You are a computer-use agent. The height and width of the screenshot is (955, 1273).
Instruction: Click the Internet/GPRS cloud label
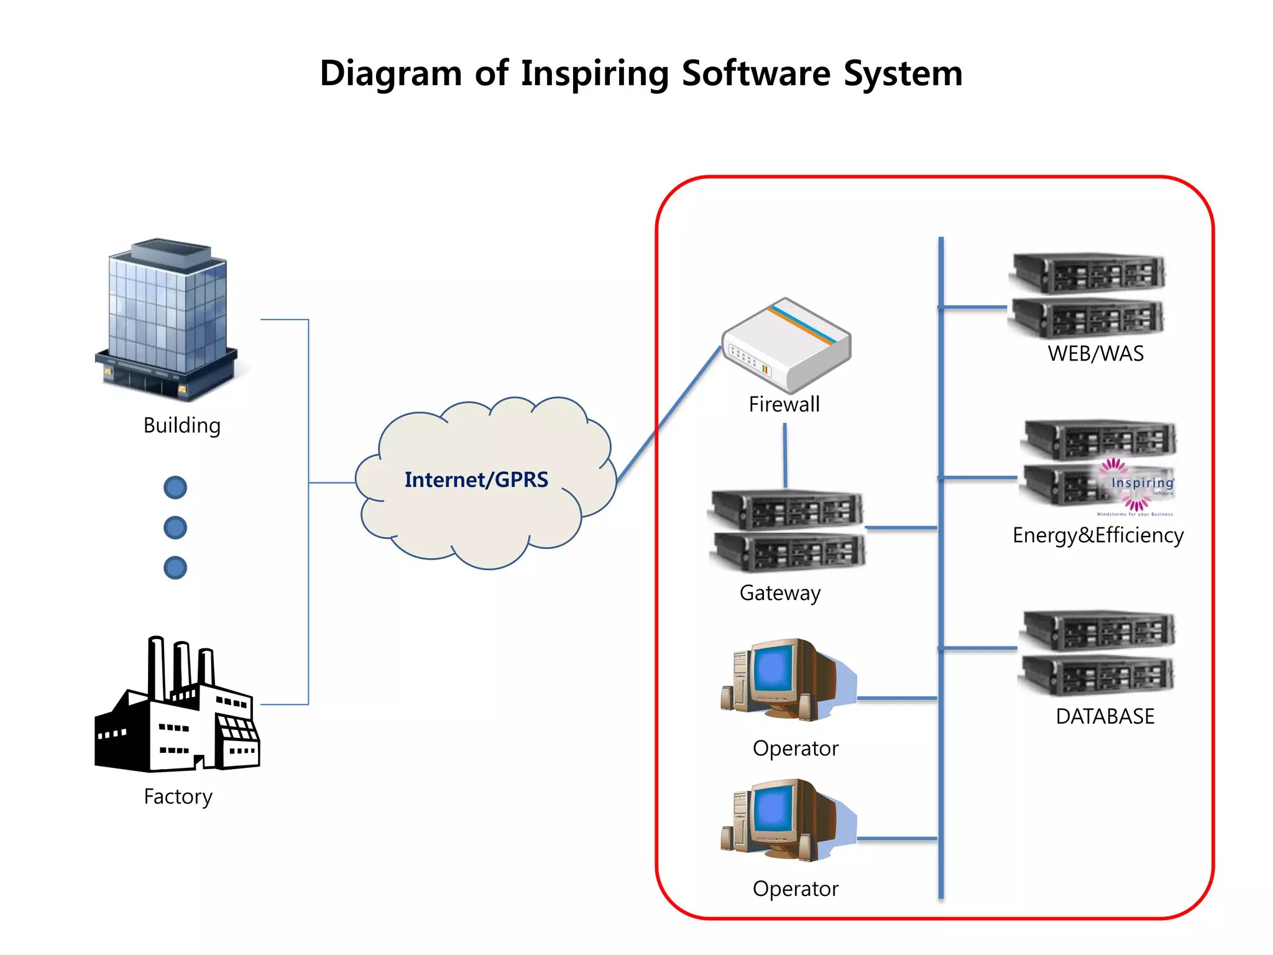(476, 480)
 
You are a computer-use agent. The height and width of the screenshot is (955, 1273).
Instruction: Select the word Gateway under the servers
(780, 593)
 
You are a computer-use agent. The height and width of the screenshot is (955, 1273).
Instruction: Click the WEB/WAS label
(1095, 353)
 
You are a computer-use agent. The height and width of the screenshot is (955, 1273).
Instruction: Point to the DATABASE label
(1105, 716)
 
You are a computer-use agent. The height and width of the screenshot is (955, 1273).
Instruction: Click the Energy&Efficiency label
(1098, 535)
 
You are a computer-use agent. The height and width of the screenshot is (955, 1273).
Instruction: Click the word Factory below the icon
(178, 796)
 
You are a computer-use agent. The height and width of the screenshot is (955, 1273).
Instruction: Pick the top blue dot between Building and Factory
(175, 487)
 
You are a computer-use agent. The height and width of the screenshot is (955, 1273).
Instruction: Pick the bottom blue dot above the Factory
(175, 568)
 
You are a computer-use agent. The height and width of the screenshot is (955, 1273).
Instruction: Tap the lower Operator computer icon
(786, 821)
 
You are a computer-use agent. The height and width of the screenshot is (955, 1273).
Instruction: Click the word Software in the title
(755, 73)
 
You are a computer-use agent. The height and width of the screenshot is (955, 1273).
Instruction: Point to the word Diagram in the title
(390, 73)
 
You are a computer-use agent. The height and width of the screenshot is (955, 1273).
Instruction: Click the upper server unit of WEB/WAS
(1088, 273)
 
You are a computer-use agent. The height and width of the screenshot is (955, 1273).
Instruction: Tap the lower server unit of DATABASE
(1097, 676)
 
